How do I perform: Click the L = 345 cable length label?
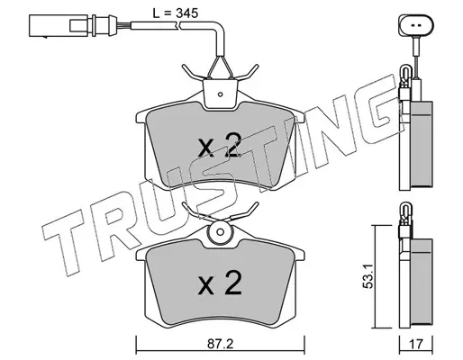176,13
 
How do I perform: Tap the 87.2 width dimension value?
220,344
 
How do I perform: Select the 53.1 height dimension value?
368,276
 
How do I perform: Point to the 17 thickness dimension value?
416,344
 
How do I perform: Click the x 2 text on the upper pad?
220,146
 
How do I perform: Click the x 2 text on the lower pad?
220,283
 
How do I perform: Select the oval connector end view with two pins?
416,25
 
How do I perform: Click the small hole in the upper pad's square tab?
220,94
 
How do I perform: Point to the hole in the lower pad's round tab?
220,232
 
